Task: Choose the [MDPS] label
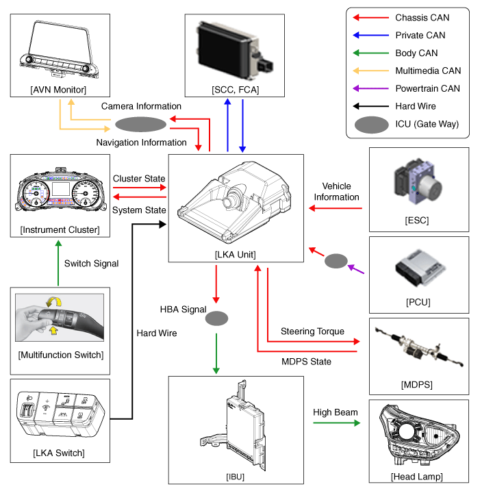418,384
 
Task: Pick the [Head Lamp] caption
418,477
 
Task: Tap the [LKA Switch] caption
59,453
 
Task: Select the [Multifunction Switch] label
60,354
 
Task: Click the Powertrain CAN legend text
427,88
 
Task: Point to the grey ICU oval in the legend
370,124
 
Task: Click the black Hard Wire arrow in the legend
370,106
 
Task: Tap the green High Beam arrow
336,423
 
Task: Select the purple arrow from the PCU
356,268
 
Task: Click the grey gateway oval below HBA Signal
216,318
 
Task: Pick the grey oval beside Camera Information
140,124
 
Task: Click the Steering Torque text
312,331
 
